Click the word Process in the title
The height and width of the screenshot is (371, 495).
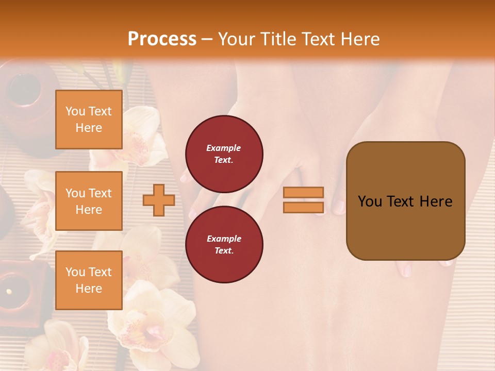click(x=162, y=39)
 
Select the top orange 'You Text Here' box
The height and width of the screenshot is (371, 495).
click(x=89, y=120)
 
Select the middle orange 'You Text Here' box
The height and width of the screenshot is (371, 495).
click(x=89, y=201)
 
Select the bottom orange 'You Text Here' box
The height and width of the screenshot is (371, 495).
click(x=89, y=280)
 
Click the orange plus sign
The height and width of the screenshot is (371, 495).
click(x=159, y=200)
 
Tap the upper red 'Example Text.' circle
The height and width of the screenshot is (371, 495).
click(x=224, y=154)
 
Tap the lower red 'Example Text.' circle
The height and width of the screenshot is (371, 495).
click(x=224, y=245)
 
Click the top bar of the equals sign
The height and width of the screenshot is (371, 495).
click(x=303, y=192)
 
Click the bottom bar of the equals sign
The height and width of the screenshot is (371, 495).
click(x=303, y=207)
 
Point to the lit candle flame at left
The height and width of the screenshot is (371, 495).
click(x=9, y=291)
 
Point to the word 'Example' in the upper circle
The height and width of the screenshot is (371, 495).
click(x=224, y=148)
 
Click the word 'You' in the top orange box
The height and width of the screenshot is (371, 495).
click(x=75, y=111)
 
